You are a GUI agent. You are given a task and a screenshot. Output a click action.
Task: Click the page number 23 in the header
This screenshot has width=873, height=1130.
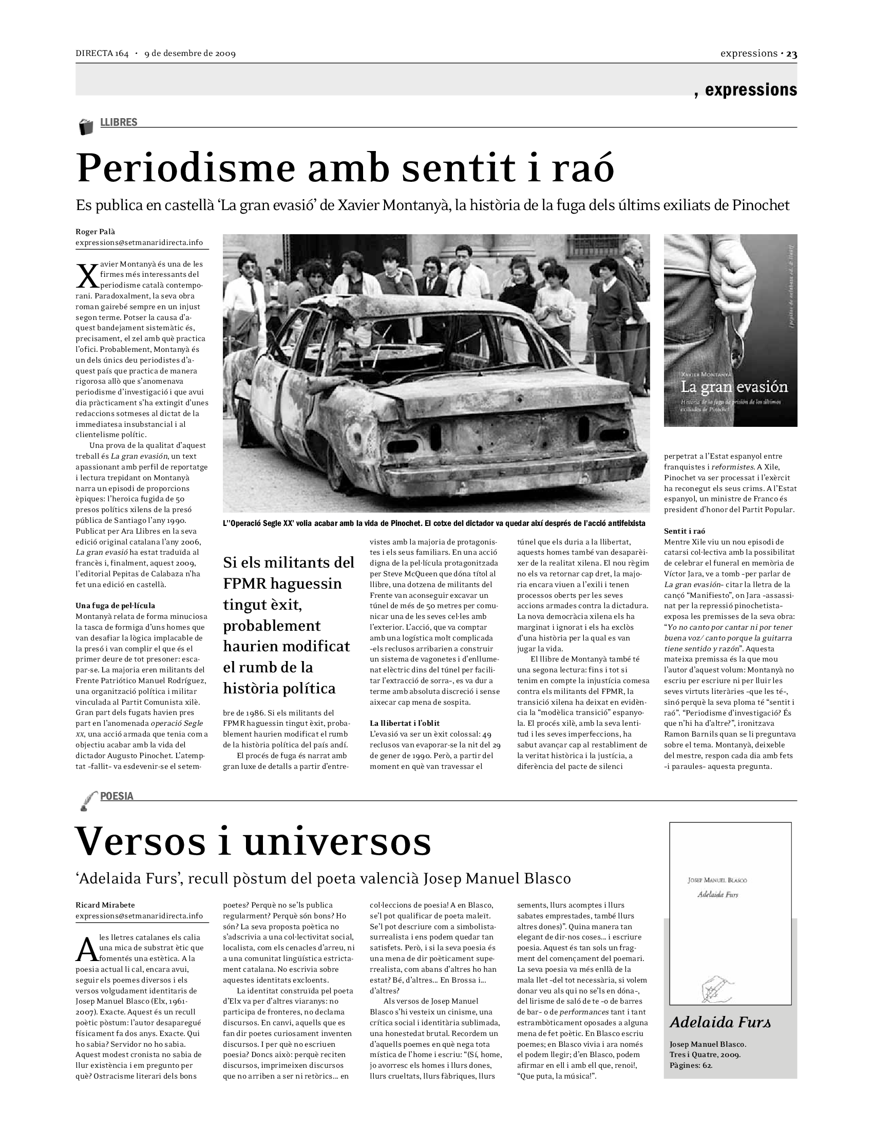[791, 54]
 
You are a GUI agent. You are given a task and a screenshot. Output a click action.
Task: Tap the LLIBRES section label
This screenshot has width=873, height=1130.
[119, 122]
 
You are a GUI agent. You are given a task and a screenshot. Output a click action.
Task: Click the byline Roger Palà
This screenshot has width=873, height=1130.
[95, 232]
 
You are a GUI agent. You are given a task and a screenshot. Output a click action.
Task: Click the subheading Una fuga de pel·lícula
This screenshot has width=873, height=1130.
[116, 606]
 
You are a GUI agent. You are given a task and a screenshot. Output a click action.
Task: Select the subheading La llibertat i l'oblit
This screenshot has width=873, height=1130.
[405, 723]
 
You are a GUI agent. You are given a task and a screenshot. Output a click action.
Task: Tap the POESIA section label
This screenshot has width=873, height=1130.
[117, 796]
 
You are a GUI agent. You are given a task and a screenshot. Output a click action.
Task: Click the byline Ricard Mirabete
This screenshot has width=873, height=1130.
[105, 905]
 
